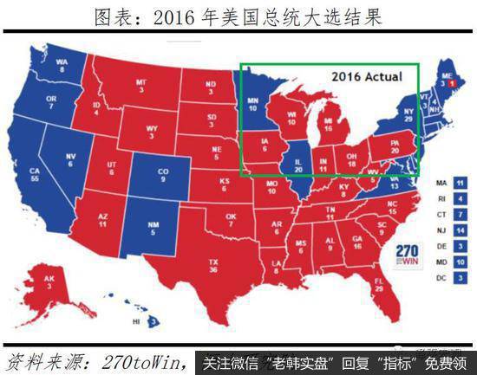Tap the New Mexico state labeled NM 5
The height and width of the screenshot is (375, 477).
pyautogui.click(x=154, y=230)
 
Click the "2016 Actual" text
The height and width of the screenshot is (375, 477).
pyautogui.click(x=367, y=76)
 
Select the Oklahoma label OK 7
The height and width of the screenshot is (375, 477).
pyautogui.click(x=230, y=219)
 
